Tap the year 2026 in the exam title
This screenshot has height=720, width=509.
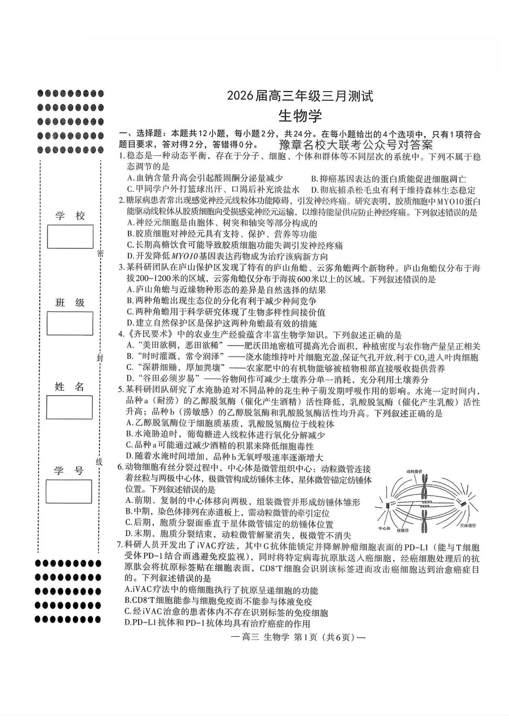coord(241,96)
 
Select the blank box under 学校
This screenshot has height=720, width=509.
coord(70,237)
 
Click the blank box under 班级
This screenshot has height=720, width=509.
coord(70,323)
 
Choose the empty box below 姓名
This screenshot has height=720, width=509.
coord(70,407)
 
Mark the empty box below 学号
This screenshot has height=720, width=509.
coord(69,491)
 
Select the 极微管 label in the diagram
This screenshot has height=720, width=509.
coord(402,530)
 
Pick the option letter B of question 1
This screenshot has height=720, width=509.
coord(313,178)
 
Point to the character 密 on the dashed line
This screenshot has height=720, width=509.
coord(100,254)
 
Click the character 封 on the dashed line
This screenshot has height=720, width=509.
coord(99,358)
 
